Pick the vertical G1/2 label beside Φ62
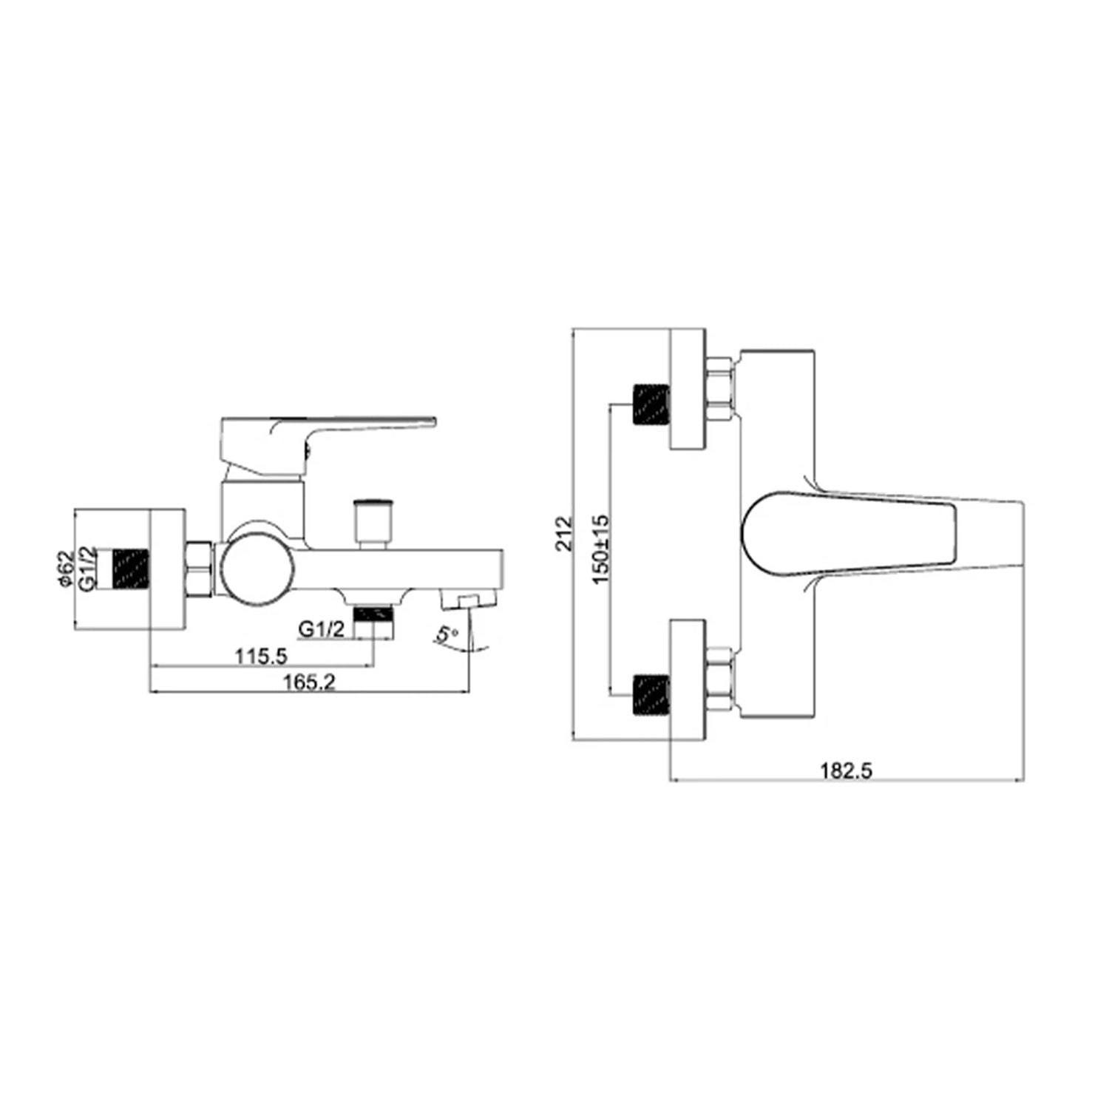[87, 569]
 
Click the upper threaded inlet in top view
[650, 405]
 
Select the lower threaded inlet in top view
[650, 696]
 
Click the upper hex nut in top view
[719, 390]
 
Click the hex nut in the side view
[200, 569]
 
